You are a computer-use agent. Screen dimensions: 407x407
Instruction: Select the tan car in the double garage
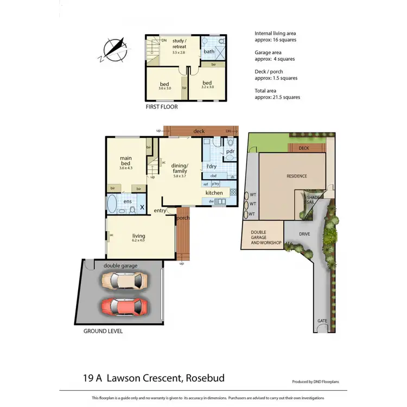coord(125,281)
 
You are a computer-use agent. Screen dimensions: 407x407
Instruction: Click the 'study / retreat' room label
coord(179,43)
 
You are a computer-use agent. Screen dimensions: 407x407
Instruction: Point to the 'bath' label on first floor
coord(209,52)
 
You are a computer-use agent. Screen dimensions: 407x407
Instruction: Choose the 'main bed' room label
coord(126,161)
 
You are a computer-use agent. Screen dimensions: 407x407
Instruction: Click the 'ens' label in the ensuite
coord(128,202)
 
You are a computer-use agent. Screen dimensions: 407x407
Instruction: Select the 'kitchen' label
coord(214,193)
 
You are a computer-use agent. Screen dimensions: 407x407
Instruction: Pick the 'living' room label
coord(139,236)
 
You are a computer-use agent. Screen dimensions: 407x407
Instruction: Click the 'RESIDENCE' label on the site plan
coord(297,176)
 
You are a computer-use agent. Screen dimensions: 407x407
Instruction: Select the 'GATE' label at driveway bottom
coord(322,321)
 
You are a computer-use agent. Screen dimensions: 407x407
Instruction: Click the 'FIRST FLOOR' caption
coord(162,107)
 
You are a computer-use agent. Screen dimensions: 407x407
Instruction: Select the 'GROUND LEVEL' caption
coord(103,330)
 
